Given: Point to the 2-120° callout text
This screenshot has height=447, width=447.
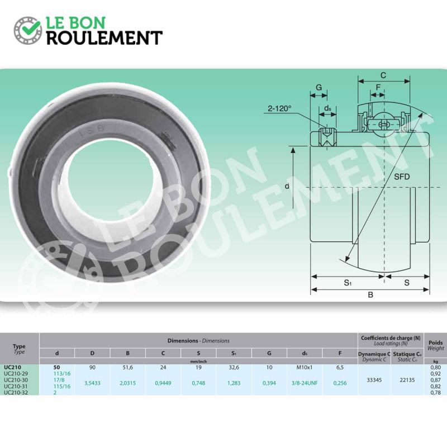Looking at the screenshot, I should coord(279,108).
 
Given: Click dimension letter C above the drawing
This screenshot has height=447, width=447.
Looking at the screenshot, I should coord(383,75).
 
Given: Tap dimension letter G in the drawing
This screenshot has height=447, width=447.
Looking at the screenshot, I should coord(318,88).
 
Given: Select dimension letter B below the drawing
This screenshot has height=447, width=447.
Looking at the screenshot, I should coord(370,296).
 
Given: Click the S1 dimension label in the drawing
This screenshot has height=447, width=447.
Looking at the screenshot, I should coord(347,283).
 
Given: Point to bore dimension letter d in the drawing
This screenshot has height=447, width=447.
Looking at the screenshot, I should coord(287,186).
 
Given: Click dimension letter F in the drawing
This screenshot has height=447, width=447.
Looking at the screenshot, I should coord(378,87).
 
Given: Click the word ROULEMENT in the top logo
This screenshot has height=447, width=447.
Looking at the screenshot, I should coord(104,38).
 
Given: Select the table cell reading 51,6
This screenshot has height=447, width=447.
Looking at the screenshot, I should coord(127,368).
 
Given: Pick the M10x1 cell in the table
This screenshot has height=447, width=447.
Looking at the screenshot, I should coord(304,368).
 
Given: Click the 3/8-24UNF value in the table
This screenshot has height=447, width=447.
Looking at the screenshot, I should coord(304,383).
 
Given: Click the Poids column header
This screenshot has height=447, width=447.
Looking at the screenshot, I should coord(436,341).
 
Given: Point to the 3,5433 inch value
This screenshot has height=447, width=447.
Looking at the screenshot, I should coord(92,383).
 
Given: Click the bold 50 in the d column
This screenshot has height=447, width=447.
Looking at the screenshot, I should coord(56,367).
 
